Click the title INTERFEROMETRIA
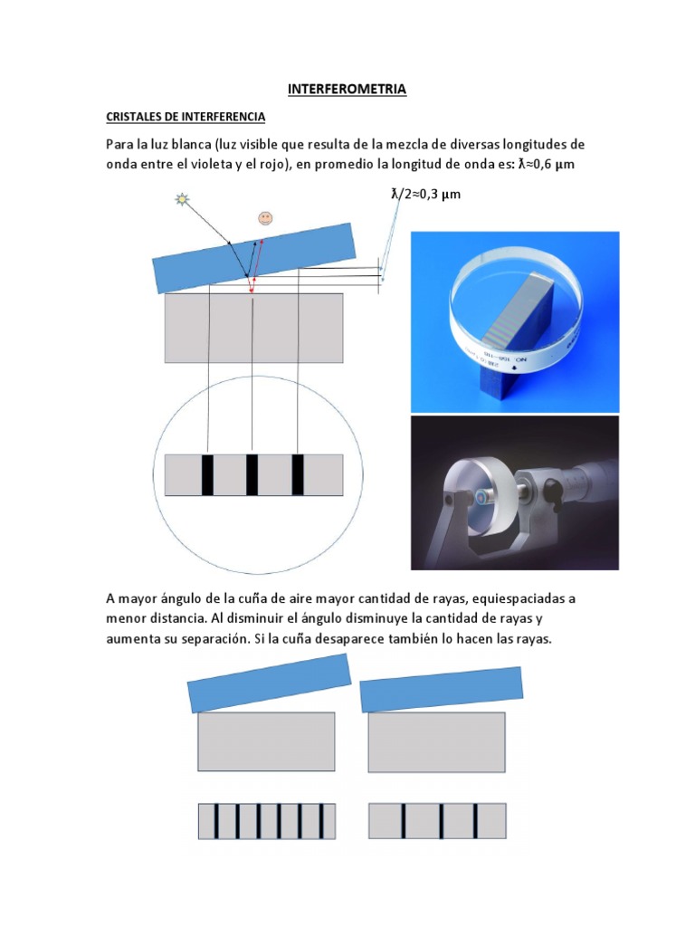(347, 90)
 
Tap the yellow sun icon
(181, 200)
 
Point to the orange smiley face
(265, 218)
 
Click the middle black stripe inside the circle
(252, 475)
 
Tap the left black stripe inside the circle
(207, 475)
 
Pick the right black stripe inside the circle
(298, 475)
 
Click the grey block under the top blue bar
(253, 328)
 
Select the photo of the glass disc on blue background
(515, 321)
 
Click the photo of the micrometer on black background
(515, 492)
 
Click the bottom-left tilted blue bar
(269, 683)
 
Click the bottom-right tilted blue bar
(442, 688)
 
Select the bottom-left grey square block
(266, 741)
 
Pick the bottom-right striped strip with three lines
(437, 820)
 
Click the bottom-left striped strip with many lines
(267, 821)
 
